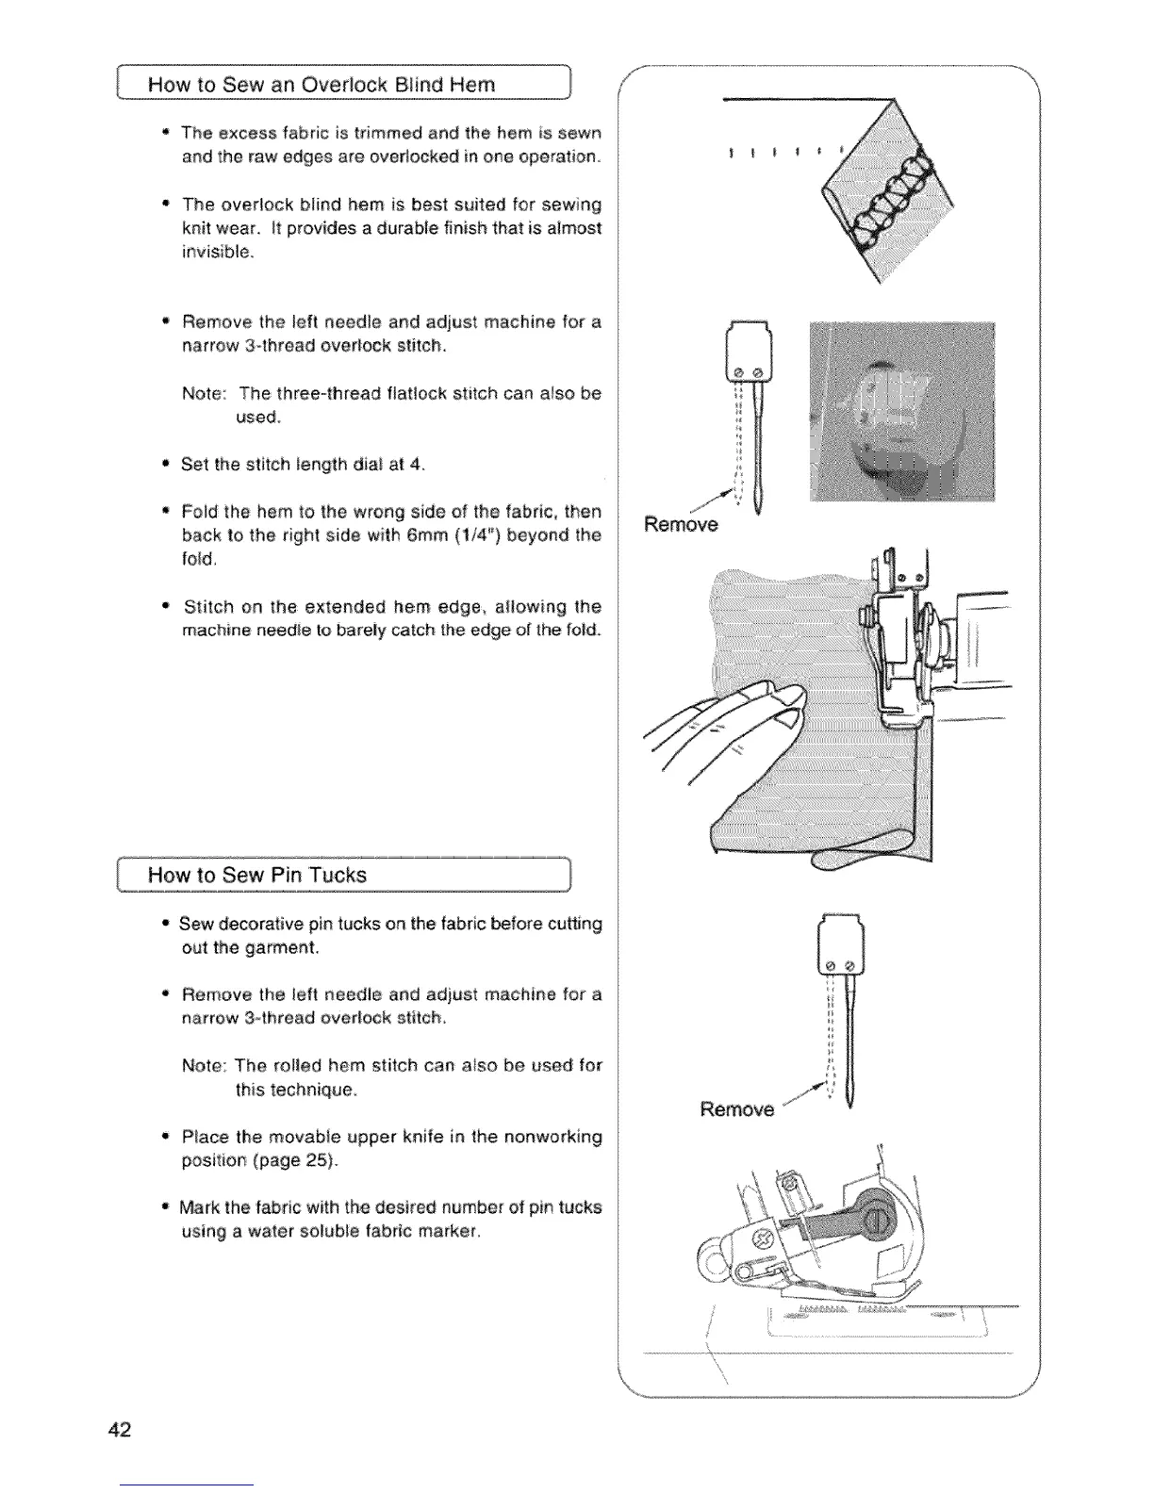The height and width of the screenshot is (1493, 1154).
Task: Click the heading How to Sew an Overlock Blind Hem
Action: [321, 86]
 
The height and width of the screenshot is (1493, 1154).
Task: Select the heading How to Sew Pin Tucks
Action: [256, 875]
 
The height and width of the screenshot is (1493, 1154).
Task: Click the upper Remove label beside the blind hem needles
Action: [680, 524]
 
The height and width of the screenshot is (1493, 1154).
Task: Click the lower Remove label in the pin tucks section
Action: [736, 1109]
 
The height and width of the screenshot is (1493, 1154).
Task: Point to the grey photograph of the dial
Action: [901, 412]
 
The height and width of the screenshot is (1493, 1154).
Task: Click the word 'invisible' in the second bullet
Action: [217, 252]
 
